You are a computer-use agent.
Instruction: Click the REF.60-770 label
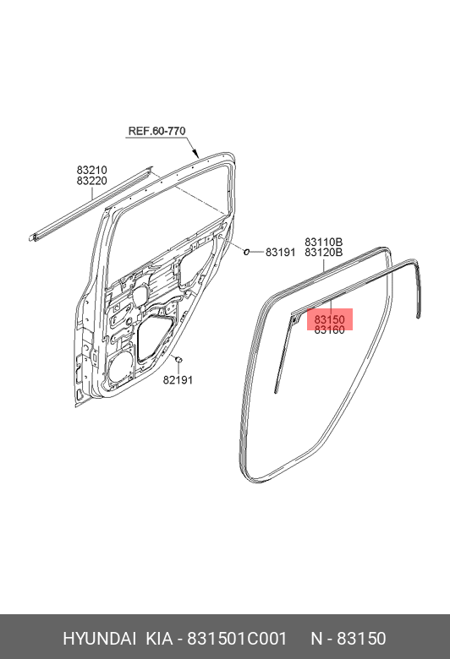click(x=156, y=131)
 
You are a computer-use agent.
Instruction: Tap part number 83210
click(x=91, y=170)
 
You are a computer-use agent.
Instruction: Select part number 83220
click(x=91, y=181)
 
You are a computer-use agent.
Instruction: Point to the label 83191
click(x=280, y=252)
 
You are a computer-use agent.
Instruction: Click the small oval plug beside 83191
click(x=247, y=252)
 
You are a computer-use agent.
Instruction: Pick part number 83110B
click(x=324, y=242)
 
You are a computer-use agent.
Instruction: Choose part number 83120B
click(x=324, y=252)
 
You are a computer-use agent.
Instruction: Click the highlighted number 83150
click(x=330, y=319)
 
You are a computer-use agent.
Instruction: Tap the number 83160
click(x=330, y=329)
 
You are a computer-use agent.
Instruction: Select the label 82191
click(x=178, y=379)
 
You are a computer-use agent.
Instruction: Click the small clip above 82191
click(x=178, y=359)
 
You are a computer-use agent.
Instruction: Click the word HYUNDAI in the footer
click(x=99, y=639)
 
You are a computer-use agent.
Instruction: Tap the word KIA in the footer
click(x=159, y=639)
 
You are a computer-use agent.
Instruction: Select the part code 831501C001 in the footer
click(x=237, y=639)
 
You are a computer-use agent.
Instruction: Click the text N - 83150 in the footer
click(x=348, y=639)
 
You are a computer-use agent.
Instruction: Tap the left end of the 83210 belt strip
click(x=32, y=238)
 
